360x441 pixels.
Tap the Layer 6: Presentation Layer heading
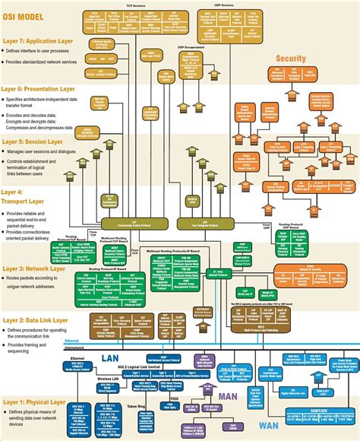(43, 89)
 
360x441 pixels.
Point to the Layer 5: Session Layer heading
(35, 141)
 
